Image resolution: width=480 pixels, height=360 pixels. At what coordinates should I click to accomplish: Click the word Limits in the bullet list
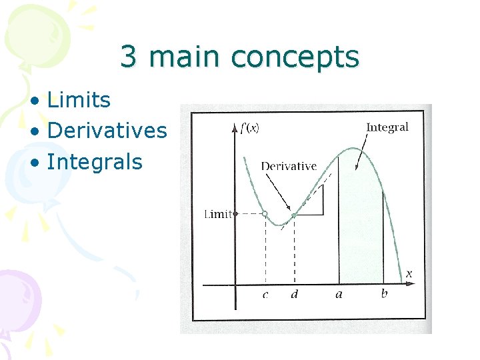pos(79,99)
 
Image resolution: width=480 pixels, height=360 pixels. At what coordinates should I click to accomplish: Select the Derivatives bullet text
pos(107,130)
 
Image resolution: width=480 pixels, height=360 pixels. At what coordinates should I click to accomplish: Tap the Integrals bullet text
pos(95,162)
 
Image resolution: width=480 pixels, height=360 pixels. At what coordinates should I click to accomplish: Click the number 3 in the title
pos(128,56)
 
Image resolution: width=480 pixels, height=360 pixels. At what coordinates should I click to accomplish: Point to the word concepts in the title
pos(295,58)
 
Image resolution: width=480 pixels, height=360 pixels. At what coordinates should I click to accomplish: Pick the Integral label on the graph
pos(387,127)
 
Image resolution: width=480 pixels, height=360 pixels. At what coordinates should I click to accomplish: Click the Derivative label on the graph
pos(289,166)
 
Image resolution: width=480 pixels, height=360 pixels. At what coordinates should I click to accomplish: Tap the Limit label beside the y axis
pos(218,214)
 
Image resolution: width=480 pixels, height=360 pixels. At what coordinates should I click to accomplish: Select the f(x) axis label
pos(250,127)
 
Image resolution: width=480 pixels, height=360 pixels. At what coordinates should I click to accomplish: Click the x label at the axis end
pos(409,274)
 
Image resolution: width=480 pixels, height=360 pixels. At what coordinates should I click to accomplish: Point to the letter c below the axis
pos(265,295)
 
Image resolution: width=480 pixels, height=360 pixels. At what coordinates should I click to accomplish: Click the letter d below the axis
pos(294,293)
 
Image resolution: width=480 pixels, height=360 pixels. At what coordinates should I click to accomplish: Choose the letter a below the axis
pos(339,295)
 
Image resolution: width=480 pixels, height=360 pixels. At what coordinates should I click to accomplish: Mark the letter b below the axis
pos(384,293)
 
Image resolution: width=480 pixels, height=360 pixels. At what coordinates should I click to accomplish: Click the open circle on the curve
pos(265,214)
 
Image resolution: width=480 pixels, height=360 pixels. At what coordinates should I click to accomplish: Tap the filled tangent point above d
pos(294,215)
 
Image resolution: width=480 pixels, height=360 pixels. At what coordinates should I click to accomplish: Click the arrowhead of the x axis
pos(411,284)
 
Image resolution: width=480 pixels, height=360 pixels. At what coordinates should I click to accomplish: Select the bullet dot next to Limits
pos(35,101)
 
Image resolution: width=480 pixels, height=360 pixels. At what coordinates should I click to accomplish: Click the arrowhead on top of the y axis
pos(235,129)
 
